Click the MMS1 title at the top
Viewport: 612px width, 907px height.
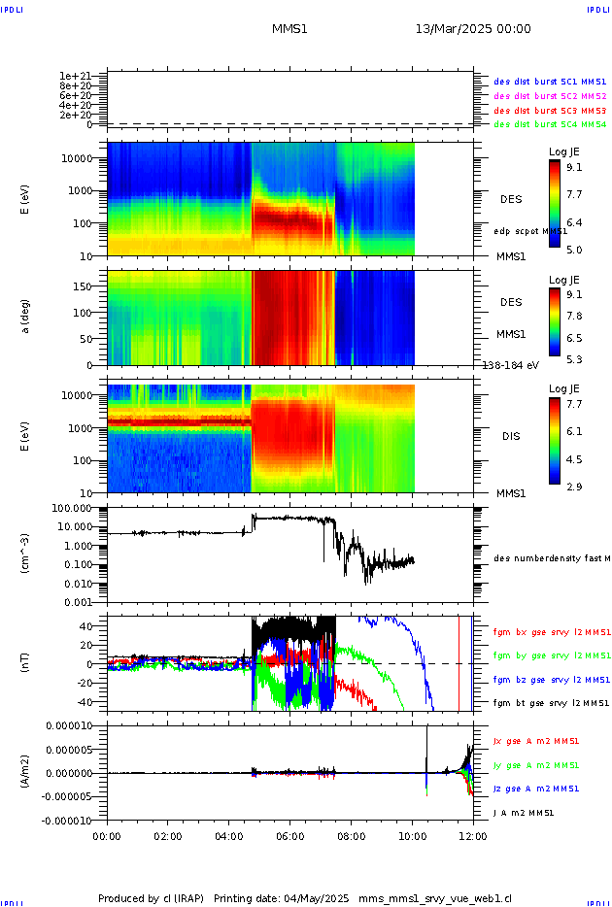tap(289, 29)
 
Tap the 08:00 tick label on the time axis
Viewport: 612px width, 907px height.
tap(351, 834)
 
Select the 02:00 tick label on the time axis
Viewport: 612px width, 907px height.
tap(168, 834)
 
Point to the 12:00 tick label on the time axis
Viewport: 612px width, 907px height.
tap(473, 834)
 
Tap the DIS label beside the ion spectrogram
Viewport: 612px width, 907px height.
tap(511, 436)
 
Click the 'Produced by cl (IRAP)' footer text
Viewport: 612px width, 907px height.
tap(152, 898)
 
